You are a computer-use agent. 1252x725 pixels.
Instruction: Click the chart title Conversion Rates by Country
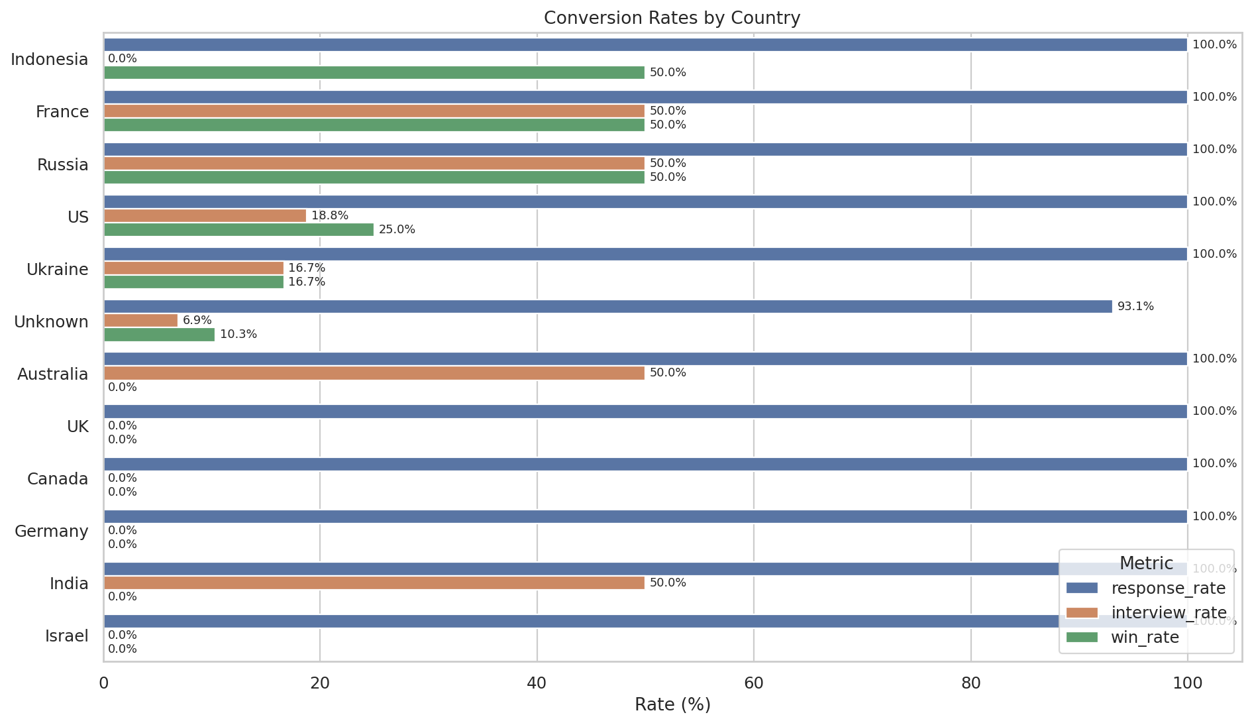tap(672, 18)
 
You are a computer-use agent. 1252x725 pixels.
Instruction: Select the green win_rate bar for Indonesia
tap(374, 73)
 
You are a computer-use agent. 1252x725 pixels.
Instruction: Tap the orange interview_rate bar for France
tap(374, 111)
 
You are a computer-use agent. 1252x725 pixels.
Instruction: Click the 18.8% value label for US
tap(330, 216)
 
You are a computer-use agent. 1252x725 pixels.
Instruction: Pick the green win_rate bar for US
tap(238, 230)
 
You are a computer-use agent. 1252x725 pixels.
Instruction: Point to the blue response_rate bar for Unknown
tap(608, 307)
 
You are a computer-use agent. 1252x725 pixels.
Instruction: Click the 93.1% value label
tap(1135, 307)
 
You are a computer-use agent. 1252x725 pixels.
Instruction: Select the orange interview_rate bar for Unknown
tap(141, 321)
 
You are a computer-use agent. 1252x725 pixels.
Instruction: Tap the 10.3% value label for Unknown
tap(238, 335)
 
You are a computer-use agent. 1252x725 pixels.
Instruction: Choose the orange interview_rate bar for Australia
tap(374, 373)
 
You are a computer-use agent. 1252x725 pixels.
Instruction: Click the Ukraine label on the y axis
tap(58, 270)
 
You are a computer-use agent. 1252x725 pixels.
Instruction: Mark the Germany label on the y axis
tap(52, 531)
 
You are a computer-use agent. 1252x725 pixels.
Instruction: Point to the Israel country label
tap(67, 636)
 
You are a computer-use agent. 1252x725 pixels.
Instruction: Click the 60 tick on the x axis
tap(754, 683)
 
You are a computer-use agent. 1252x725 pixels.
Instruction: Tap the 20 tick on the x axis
tap(320, 683)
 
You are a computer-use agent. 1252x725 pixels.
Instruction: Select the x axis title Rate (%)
tap(672, 705)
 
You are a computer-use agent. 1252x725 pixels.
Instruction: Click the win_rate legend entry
tap(1145, 638)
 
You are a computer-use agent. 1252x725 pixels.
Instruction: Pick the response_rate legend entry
tap(1168, 588)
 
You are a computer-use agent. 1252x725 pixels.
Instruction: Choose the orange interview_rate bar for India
tap(374, 583)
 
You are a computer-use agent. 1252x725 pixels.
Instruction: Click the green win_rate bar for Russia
tap(374, 178)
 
